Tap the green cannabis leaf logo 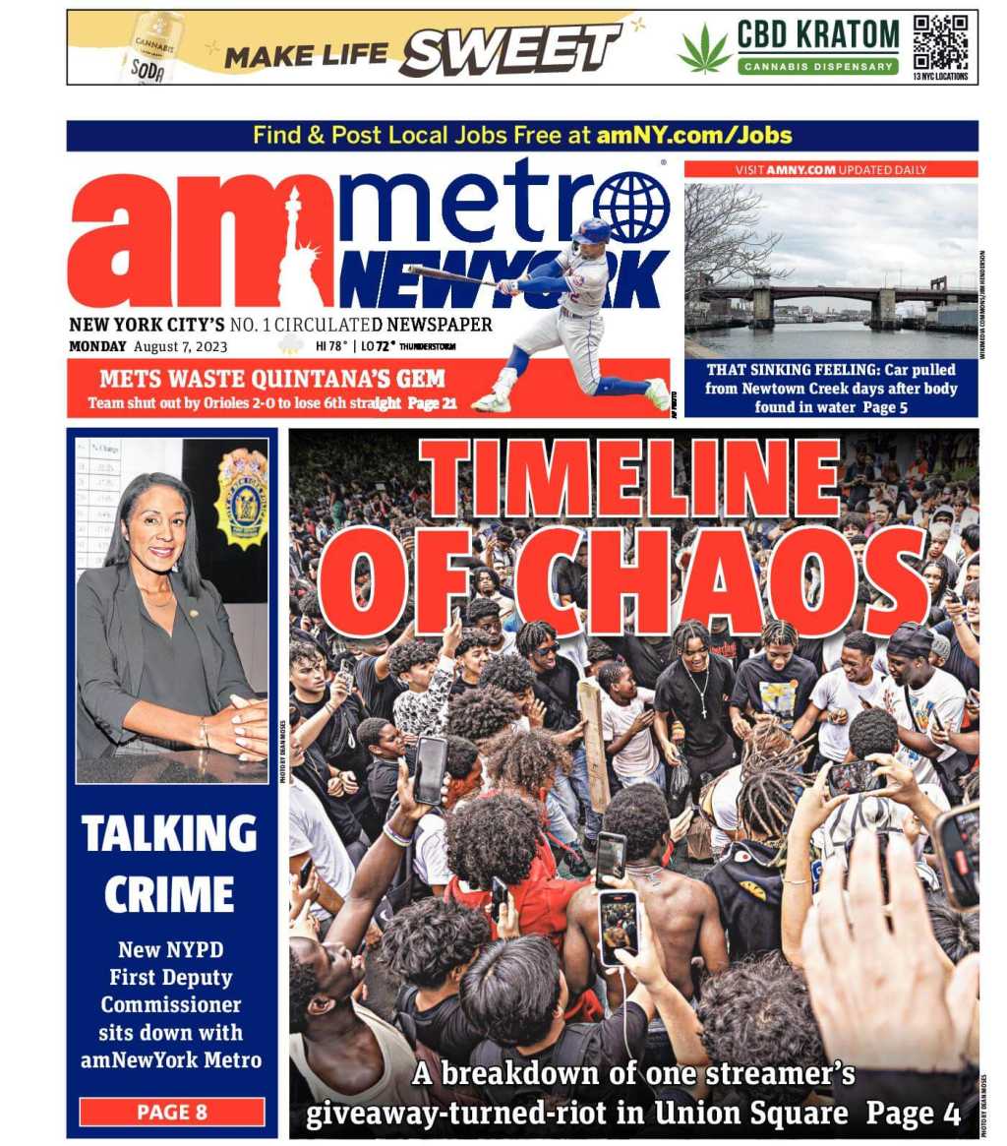tap(705, 50)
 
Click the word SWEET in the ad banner tap(509, 49)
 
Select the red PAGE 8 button tap(172, 1113)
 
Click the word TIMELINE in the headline tap(630, 477)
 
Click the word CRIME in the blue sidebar tap(169, 894)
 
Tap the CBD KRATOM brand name tap(817, 34)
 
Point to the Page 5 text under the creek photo tap(889, 407)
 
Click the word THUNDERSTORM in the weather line tap(428, 347)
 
